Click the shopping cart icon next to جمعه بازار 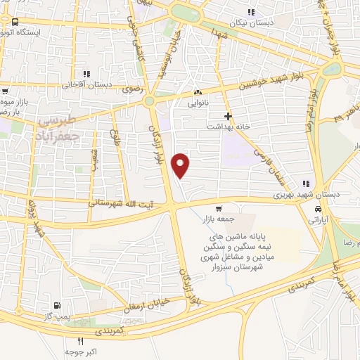(219, 207)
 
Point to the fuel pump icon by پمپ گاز (56, 305)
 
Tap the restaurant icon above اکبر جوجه (80, 342)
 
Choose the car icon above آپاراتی (319, 210)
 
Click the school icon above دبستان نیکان (251, 11)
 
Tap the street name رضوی (131, 89)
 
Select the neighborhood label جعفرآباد (56, 131)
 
